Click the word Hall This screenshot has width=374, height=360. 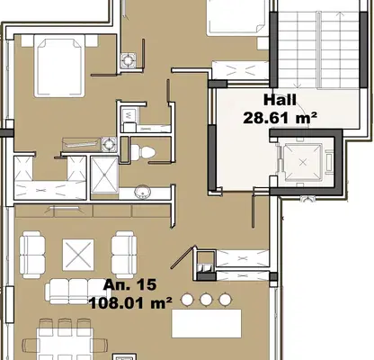(x=280, y=100)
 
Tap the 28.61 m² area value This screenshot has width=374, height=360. (x=280, y=118)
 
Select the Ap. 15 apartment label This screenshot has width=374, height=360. (x=129, y=284)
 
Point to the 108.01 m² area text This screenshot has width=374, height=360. (x=130, y=303)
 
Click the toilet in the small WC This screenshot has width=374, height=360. (x=143, y=151)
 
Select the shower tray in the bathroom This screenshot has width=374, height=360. (x=104, y=175)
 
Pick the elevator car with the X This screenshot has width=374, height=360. (x=303, y=162)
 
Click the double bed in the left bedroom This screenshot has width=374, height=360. (x=59, y=66)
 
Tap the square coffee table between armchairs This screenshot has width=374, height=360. (x=78, y=255)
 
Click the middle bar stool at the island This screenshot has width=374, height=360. (x=206, y=300)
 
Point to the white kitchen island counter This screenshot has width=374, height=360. (x=206, y=324)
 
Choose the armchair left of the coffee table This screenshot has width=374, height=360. (x=32, y=255)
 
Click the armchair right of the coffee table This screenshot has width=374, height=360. (x=124, y=255)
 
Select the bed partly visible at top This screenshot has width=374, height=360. (x=236, y=17)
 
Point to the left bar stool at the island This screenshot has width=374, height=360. (x=187, y=300)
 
